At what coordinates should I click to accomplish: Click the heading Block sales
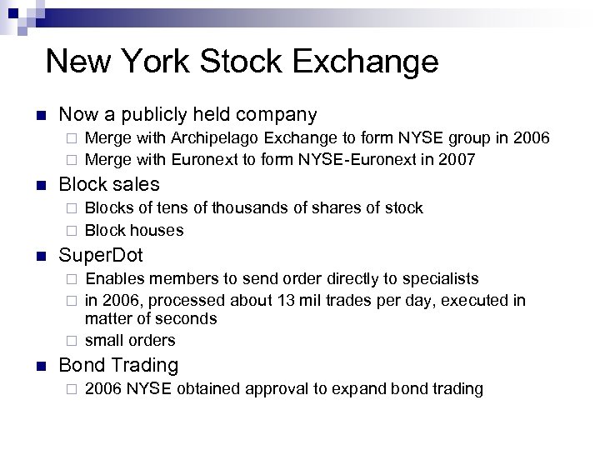pyautogui.click(x=108, y=184)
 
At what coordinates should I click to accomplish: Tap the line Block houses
pyautogui.click(x=134, y=230)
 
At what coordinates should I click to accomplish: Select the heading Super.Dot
pyautogui.click(x=101, y=255)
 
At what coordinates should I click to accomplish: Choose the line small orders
pyautogui.click(x=130, y=340)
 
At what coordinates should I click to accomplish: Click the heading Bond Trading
pyautogui.click(x=118, y=365)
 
